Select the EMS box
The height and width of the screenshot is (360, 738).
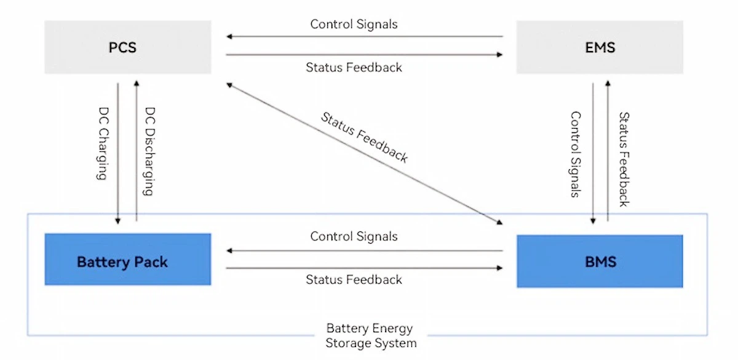[x=600, y=47]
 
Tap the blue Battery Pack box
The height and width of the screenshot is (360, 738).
[x=127, y=259]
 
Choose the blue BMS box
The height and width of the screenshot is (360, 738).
[x=600, y=261]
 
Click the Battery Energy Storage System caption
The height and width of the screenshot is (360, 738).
[x=370, y=335]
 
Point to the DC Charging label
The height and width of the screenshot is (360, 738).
[x=103, y=145]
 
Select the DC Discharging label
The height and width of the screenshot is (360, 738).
[x=149, y=151]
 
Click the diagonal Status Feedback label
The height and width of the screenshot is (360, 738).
[x=364, y=137]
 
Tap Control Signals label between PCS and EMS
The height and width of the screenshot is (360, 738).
[x=354, y=25]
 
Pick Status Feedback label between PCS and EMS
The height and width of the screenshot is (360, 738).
[x=354, y=68]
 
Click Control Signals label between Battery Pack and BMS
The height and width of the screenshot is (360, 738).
[x=354, y=236]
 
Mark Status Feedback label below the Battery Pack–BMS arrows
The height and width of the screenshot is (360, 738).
[x=354, y=280]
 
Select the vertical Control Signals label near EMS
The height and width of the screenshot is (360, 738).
[x=576, y=154]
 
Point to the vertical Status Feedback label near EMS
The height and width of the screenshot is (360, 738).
[x=623, y=159]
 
